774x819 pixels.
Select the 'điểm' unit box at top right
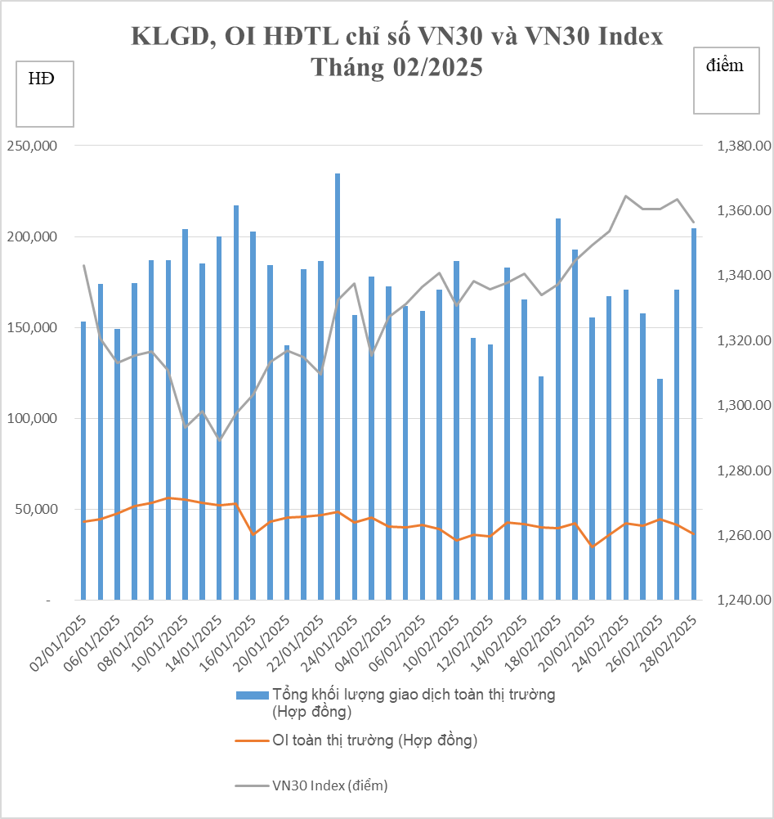click(725, 80)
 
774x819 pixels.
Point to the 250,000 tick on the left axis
click(31, 146)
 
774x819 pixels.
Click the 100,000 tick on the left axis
click(31, 419)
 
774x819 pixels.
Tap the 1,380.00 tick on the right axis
click(744, 146)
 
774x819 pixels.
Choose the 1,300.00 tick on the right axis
click(744, 406)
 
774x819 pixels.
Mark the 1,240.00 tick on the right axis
click(744, 601)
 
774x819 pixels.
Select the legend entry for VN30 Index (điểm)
click(329, 785)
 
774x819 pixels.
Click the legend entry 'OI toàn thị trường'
click(374, 740)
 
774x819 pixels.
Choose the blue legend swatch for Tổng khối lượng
click(252, 695)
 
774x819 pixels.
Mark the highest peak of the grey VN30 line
click(625, 196)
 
